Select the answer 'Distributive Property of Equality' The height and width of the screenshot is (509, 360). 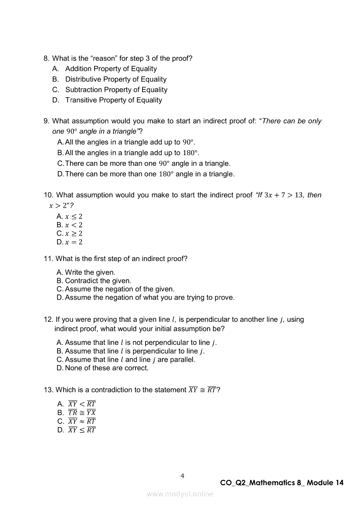(115, 79)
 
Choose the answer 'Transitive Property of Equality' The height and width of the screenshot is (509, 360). (113, 100)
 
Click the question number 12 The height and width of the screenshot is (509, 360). (48, 320)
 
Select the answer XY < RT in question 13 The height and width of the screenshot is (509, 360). (82, 404)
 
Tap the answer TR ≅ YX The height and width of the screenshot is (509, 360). (82, 413)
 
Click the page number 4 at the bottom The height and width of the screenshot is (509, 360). (182, 476)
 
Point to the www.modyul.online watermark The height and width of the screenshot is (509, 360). (180, 494)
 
